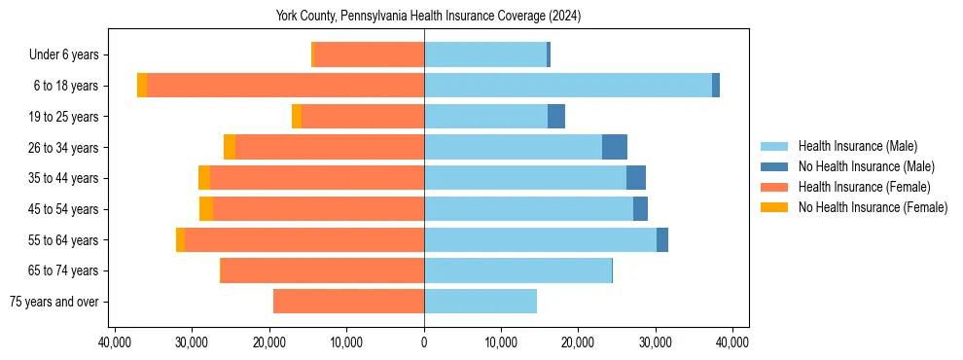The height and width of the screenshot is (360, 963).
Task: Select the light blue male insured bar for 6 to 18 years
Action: click(x=568, y=86)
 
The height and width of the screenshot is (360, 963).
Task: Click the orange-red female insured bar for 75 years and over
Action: click(x=348, y=302)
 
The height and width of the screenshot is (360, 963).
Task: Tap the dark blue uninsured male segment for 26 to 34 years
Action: click(x=615, y=147)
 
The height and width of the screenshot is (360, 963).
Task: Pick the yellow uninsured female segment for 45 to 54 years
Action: click(x=206, y=209)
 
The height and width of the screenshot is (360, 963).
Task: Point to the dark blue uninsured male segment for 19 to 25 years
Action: click(x=556, y=117)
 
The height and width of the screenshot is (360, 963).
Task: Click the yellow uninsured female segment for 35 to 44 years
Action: click(x=204, y=178)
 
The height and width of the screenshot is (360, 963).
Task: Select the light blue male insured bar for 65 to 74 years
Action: click(x=517, y=270)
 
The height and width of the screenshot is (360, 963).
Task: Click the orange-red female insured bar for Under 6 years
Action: click(x=370, y=54)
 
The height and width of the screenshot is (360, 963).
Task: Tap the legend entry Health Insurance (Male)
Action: click(x=857, y=146)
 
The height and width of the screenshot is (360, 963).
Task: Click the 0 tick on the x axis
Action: click(x=424, y=342)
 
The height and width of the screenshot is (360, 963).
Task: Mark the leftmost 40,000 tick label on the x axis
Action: click(x=116, y=342)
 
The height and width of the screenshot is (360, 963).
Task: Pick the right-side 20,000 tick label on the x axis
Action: click(x=578, y=342)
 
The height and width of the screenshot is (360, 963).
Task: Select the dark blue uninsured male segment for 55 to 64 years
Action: click(x=662, y=239)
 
